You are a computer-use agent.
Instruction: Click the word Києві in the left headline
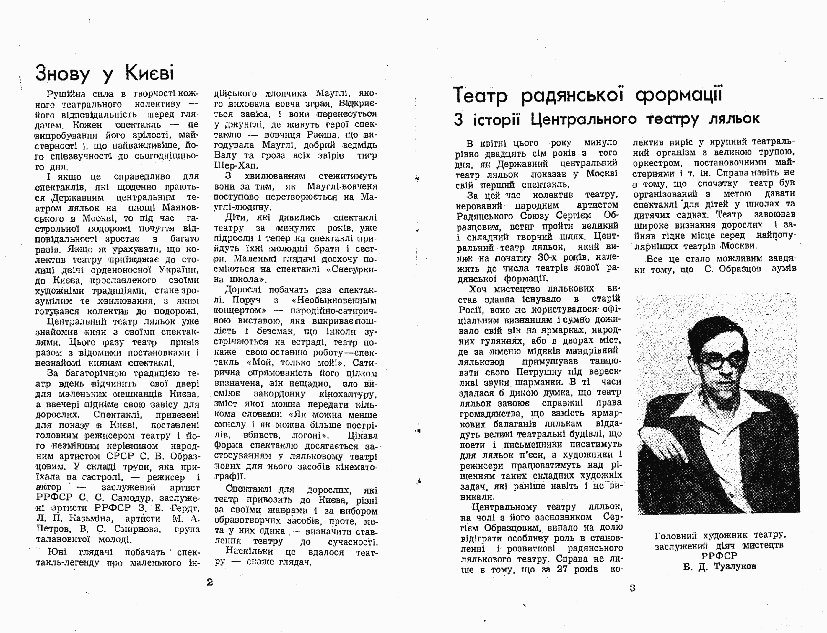149,73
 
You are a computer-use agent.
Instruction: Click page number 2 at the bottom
210,582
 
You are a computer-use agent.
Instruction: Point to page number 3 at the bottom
633,588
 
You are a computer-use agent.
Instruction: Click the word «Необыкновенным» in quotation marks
334,301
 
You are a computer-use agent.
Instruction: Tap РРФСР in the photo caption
719,556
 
